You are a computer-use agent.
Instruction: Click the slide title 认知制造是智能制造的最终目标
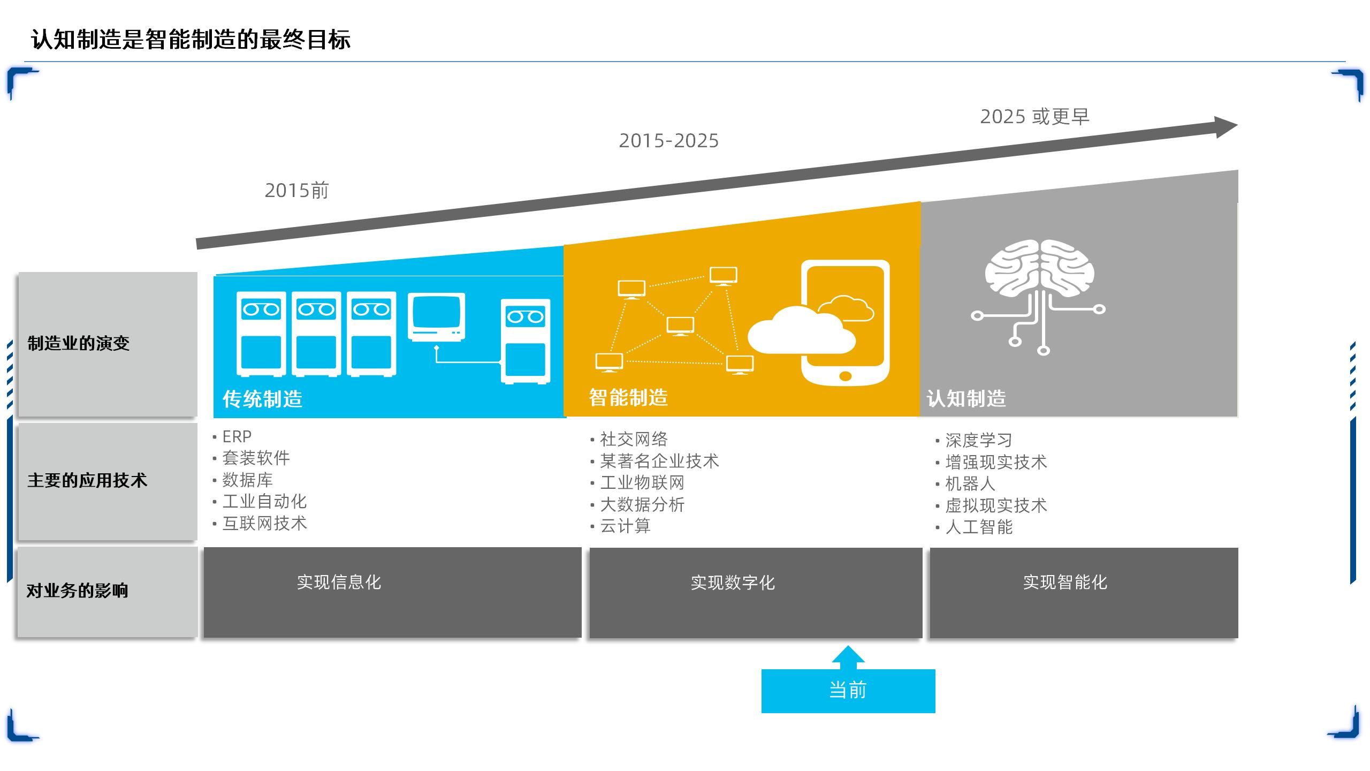191,40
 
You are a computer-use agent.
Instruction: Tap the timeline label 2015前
296,191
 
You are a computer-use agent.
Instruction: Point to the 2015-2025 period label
668,141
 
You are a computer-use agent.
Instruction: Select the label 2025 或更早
1034,117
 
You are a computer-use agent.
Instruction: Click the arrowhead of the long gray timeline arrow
1225,127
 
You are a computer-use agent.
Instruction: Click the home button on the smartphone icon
846,376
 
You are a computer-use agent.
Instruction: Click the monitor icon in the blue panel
436,316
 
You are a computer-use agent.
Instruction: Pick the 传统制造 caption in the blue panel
262,399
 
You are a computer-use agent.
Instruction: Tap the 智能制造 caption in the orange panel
628,397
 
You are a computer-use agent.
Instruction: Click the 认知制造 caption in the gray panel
966,398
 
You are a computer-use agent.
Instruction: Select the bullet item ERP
237,437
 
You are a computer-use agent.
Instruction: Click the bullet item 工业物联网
642,483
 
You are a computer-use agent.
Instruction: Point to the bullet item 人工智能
979,527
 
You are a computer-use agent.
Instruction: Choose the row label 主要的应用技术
87,480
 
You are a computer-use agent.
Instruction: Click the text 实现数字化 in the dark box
733,583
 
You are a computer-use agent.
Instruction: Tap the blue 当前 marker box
848,691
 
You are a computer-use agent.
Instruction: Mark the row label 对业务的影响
78,591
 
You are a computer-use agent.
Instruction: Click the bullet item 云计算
625,526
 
